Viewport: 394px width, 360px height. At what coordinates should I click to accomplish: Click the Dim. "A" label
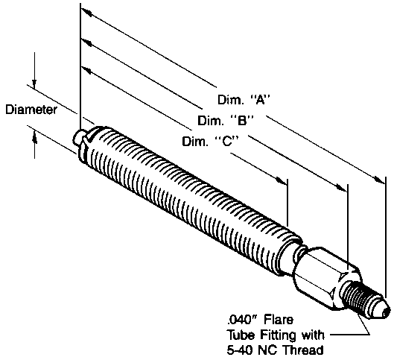tap(244, 100)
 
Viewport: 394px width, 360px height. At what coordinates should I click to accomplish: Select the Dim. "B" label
tap(226, 121)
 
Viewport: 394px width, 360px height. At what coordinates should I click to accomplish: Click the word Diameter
tap(31, 110)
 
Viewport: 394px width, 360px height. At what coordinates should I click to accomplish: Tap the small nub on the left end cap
tap(77, 136)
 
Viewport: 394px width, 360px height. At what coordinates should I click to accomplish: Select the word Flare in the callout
tap(279, 320)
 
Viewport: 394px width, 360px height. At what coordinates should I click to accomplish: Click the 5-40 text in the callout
tap(240, 350)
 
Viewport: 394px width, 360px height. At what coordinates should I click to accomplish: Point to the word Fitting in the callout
tap(279, 335)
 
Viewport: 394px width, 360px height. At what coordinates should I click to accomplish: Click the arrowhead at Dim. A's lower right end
tap(379, 180)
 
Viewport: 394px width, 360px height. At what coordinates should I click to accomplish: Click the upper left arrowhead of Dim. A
tap(86, 13)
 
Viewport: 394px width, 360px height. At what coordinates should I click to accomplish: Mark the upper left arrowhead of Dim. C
tap(86, 71)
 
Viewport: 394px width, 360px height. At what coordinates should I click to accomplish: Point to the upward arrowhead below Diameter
tap(35, 138)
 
